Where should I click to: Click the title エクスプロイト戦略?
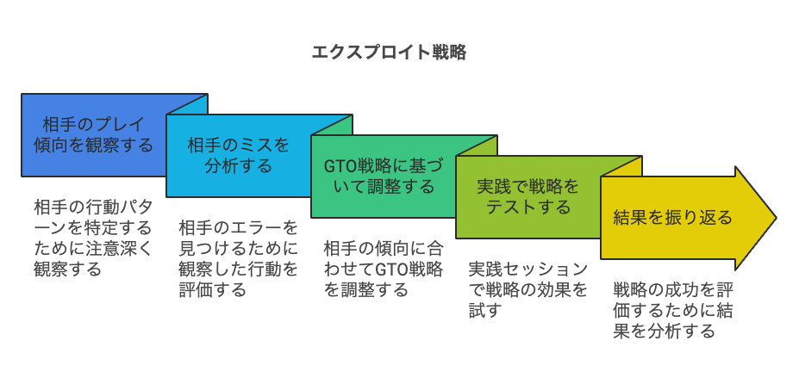[389, 52]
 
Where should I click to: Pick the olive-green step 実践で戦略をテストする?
[527, 196]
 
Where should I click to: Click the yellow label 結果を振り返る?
[672, 217]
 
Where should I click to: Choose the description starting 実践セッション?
[527, 289]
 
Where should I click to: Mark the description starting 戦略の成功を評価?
[673, 310]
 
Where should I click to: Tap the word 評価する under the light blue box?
[212, 289]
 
